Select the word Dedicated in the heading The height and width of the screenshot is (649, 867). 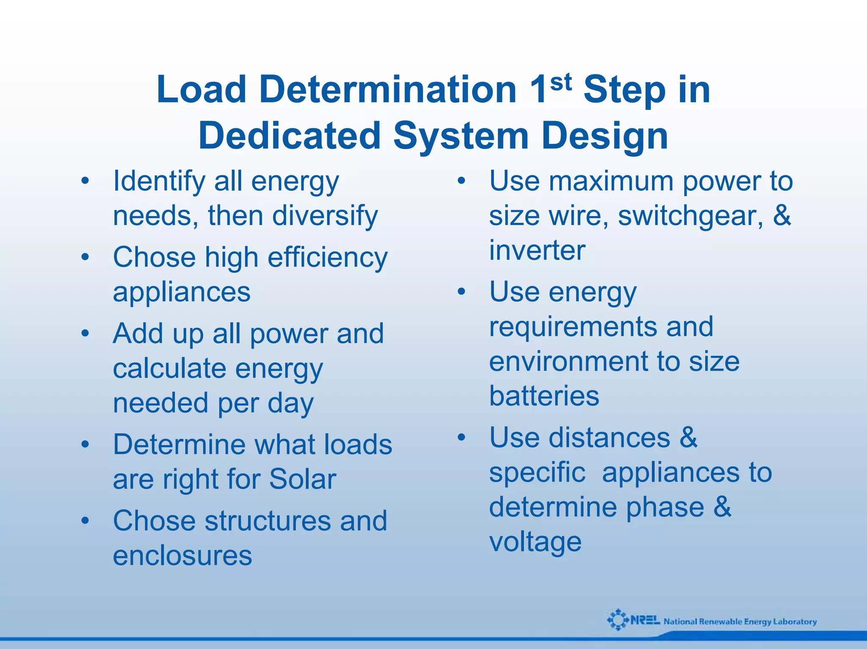point(290,135)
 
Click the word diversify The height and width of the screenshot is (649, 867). point(325,216)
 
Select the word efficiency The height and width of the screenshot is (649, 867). point(327,258)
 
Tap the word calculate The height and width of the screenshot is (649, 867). point(169,368)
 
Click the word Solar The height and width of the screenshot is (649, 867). point(302,479)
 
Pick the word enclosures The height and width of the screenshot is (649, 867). point(182,555)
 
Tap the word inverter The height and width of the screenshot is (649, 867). point(537,250)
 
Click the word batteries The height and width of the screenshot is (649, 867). point(544,396)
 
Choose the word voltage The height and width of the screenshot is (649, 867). point(535,542)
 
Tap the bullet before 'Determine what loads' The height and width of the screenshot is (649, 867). point(85,445)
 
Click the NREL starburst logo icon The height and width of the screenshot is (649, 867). point(618,620)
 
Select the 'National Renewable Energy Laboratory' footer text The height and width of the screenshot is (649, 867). point(740,621)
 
